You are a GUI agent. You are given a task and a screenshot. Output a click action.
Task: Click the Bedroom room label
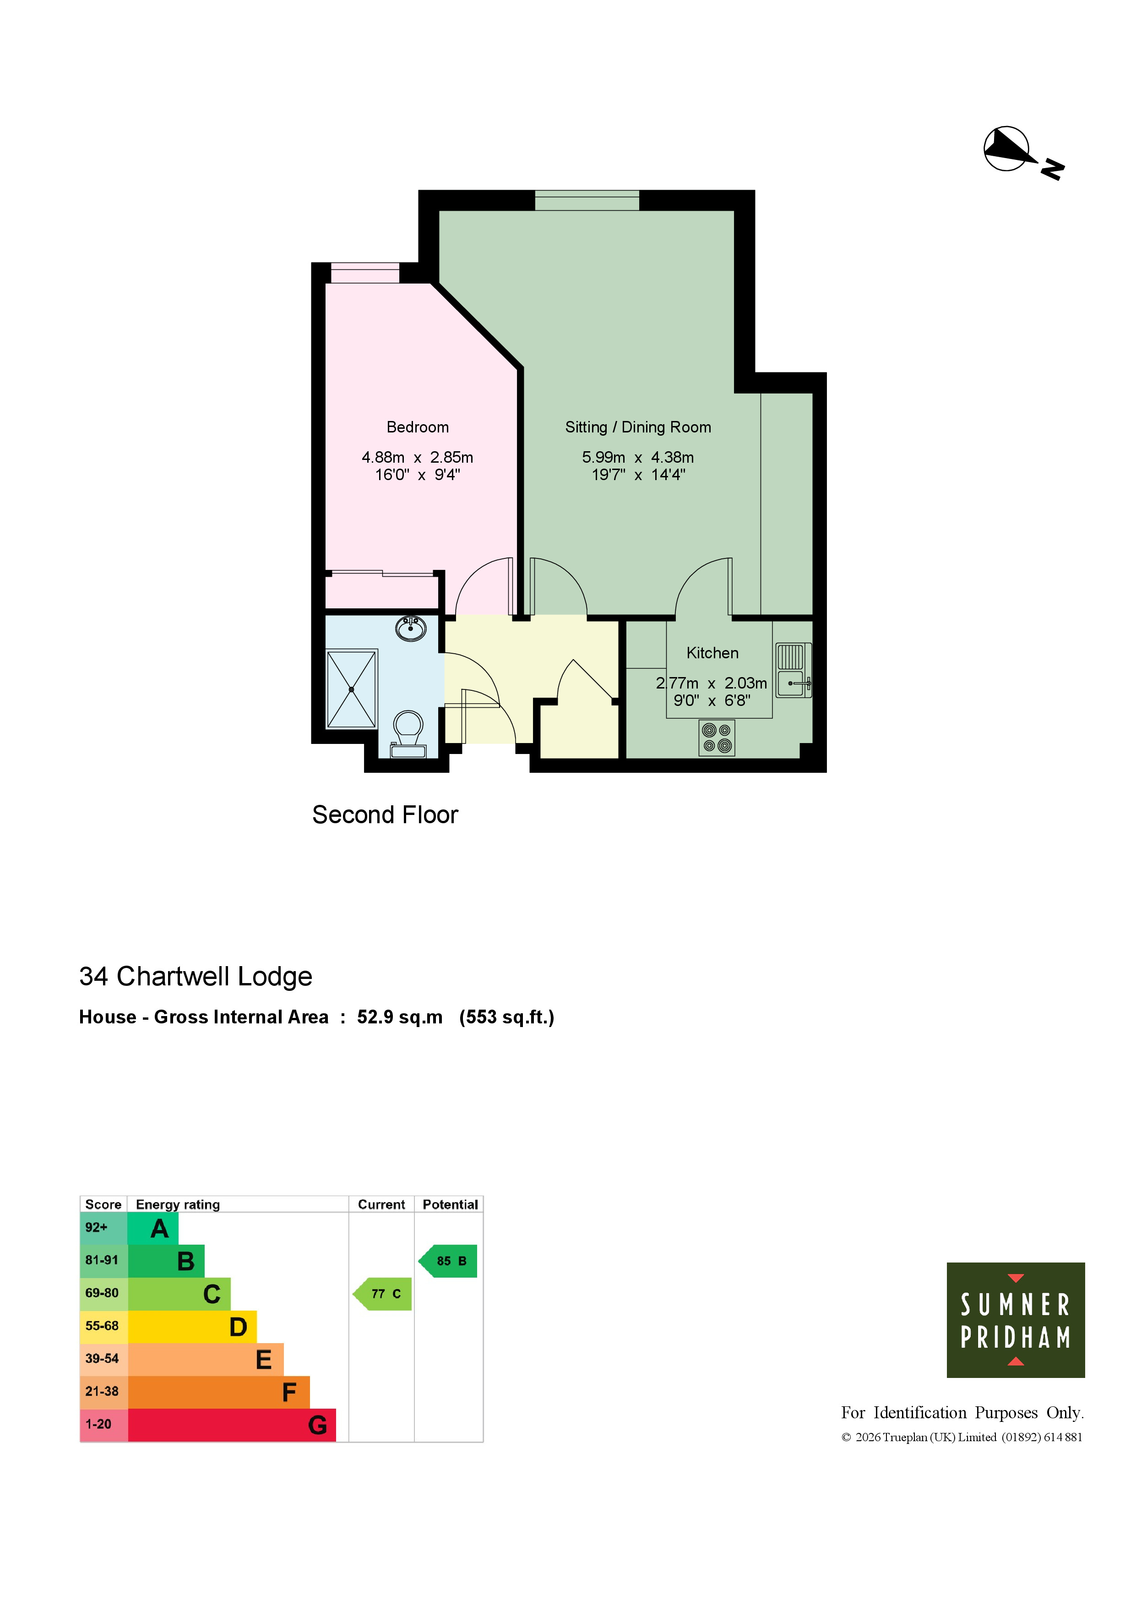418,427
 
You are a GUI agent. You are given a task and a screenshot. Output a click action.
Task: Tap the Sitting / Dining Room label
638,427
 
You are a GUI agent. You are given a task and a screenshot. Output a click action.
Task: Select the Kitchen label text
712,653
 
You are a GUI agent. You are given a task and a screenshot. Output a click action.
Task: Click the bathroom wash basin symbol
411,628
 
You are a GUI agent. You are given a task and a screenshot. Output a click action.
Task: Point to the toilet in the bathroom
408,733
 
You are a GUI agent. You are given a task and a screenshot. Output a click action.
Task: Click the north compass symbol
1023,153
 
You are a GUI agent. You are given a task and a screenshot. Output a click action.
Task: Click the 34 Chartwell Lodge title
196,976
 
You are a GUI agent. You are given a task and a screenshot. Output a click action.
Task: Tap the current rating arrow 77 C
382,1294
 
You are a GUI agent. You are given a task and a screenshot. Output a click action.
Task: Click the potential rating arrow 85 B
448,1261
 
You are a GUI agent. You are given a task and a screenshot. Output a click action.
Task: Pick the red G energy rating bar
232,1425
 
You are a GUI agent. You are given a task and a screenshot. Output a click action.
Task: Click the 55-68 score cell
103,1326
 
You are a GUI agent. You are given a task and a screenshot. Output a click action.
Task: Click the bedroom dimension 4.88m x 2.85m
418,457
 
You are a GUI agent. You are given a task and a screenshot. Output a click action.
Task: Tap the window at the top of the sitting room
587,200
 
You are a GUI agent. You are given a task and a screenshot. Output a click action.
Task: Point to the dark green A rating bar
153,1228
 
